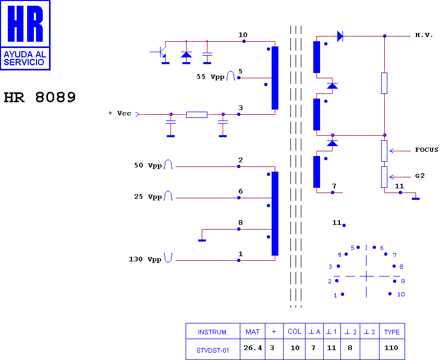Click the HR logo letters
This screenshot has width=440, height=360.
click(25, 23)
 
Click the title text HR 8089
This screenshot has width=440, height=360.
click(40, 98)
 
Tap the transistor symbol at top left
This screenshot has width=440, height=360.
click(162, 53)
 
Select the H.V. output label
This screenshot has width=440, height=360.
click(424, 35)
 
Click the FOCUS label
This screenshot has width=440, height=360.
click(426, 150)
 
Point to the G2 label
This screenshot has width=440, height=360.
click(420, 176)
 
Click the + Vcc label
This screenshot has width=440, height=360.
click(120, 113)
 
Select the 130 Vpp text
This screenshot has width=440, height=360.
click(145, 259)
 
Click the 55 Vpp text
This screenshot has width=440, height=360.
click(211, 77)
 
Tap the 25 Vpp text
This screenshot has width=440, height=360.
click(148, 197)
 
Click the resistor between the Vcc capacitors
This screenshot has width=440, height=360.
click(197, 115)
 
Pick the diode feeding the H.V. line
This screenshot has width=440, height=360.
click(340, 36)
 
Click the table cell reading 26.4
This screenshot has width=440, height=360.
click(253, 348)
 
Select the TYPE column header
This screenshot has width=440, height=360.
click(392, 332)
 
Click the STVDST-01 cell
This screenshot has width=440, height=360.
click(213, 351)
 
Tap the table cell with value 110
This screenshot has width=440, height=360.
click(391, 348)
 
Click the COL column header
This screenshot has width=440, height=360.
click(295, 332)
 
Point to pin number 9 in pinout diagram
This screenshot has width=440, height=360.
click(403, 281)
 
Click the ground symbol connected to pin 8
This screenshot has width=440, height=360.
click(202, 241)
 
